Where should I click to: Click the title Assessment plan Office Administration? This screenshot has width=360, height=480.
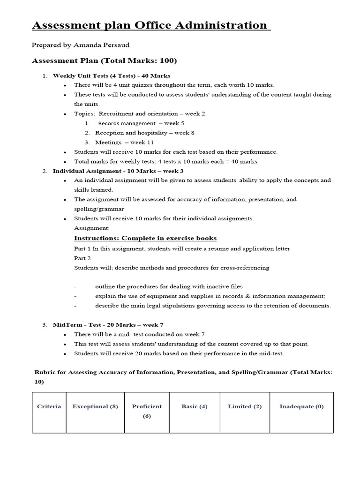151,25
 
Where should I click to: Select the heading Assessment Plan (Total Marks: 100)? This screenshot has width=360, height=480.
104,61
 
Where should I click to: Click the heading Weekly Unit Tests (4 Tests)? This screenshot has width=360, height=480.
112,75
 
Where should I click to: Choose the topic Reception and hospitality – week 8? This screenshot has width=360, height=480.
145,133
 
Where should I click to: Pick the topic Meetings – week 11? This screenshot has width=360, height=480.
124,142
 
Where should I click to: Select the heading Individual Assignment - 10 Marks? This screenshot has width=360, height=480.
118,171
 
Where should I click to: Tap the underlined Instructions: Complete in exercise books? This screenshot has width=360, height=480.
145,238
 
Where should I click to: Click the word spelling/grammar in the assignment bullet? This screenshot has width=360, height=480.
98,209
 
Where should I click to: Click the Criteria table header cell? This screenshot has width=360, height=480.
49,406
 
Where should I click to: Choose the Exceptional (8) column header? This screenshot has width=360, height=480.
95,406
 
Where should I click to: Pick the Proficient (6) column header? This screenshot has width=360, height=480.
147,411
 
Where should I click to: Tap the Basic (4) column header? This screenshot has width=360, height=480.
194,406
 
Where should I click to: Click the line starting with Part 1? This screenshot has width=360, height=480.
182,248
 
